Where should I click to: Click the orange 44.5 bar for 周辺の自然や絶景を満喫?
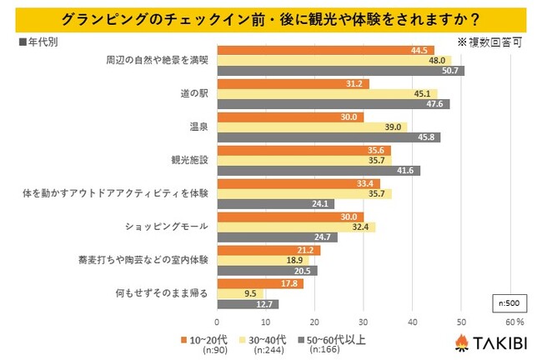point(325,50)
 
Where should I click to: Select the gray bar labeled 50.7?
point(340,71)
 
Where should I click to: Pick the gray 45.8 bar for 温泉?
point(329,137)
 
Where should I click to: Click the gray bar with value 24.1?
point(275,203)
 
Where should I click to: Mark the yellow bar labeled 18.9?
point(263,260)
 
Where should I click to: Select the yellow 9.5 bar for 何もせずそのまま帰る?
point(240,293)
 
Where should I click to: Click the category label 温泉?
point(199,126)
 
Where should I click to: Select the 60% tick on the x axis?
point(514,322)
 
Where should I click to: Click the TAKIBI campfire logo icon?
point(460,342)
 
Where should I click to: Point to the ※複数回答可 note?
point(493,39)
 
